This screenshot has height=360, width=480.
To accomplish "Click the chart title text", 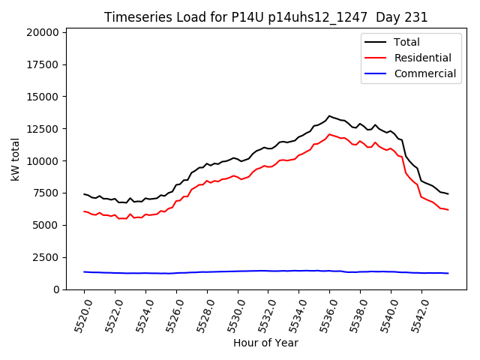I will coord(266,17).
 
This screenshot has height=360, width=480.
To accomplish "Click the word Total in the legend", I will coord(407,42).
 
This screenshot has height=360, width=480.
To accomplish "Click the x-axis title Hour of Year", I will coord(265,343).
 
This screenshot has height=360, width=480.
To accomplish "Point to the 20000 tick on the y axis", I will coord(40,32).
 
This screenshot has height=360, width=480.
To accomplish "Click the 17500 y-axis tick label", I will coord(40,64).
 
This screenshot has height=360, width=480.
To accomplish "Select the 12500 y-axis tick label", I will coord(40,129).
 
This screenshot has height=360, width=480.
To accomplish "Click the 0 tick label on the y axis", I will coord(55,289).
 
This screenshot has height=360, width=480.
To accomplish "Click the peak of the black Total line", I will coord(329,115).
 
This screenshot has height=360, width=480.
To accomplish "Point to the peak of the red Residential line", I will coord(329,134).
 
